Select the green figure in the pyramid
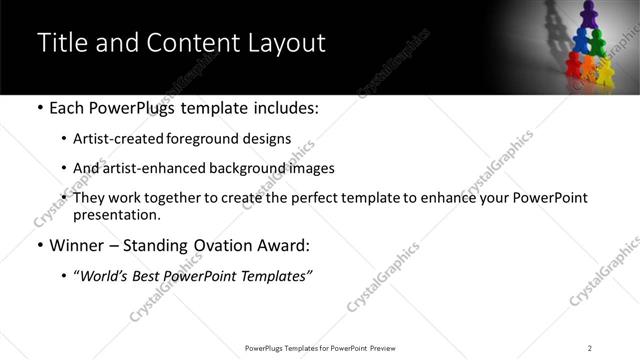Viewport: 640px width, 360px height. click(x=598, y=43)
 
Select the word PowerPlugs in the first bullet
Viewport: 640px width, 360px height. click(x=134, y=107)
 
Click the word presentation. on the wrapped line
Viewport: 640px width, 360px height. click(x=116, y=215)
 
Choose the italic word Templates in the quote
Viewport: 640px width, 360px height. click(x=271, y=277)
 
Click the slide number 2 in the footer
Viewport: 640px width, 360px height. click(x=590, y=348)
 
